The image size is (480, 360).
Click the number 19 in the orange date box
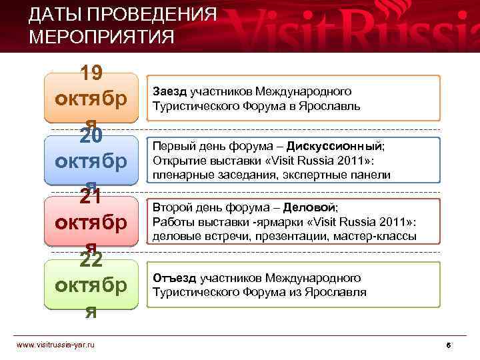coord(91,75)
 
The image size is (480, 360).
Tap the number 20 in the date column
coord(91,136)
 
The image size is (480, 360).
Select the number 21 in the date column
coord(91,197)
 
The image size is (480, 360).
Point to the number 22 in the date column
coord(91,259)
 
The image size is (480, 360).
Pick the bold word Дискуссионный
coord(340,146)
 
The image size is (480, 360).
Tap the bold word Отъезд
coord(175,277)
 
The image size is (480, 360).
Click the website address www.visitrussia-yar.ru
coord(56,344)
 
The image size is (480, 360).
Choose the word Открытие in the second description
coord(175,161)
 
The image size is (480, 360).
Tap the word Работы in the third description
coord(170,222)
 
